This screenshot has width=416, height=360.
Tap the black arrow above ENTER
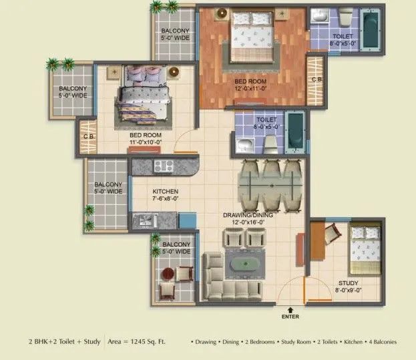click(291, 309)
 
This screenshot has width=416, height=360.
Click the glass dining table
click(265, 184)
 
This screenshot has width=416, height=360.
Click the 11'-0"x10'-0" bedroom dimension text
click(146, 142)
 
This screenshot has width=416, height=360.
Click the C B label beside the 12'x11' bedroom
click(317, 80)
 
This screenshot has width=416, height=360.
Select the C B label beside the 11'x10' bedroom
click(87, 138)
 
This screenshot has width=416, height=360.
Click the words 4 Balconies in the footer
click(379, 342)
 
